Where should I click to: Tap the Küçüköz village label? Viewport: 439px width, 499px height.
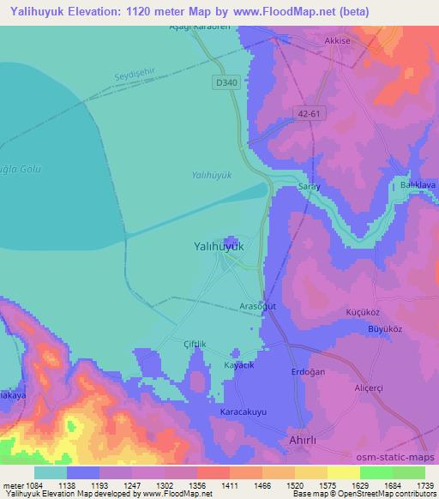(x=360, y=313)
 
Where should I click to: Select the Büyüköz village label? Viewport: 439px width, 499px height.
(x=362, y=329)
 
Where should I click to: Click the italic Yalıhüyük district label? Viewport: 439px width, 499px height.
(x=210, y=175)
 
